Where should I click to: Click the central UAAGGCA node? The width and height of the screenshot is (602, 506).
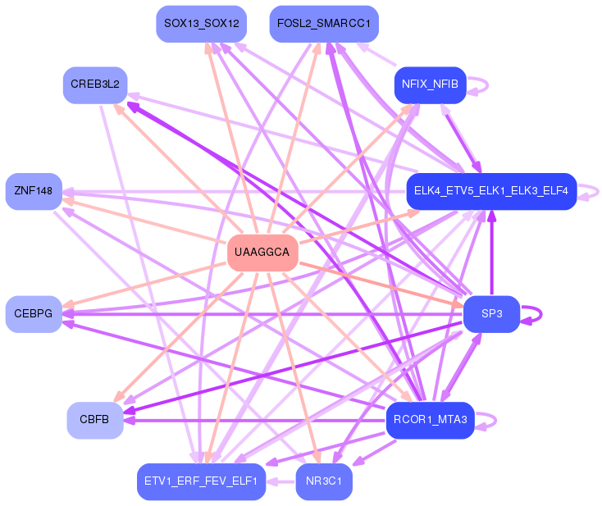click(262, 252)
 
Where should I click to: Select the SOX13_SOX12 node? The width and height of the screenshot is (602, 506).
click(201, 24)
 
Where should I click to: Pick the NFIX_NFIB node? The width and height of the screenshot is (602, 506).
click(430, 84)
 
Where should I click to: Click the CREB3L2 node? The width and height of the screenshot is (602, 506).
click(95, 84)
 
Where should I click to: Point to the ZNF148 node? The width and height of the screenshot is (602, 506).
click(34, 191)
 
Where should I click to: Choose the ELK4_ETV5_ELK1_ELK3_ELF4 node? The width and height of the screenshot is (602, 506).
click(490, 191)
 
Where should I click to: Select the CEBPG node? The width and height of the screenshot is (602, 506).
click(34, 314)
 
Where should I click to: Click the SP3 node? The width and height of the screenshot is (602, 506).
click(491, 314)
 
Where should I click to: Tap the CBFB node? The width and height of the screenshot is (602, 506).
click(95, 420)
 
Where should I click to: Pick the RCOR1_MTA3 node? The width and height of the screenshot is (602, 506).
click(430, 420)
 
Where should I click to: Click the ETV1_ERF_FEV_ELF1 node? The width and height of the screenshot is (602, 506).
click(201, 481)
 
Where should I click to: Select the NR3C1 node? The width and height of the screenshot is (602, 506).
click(324, 481)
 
